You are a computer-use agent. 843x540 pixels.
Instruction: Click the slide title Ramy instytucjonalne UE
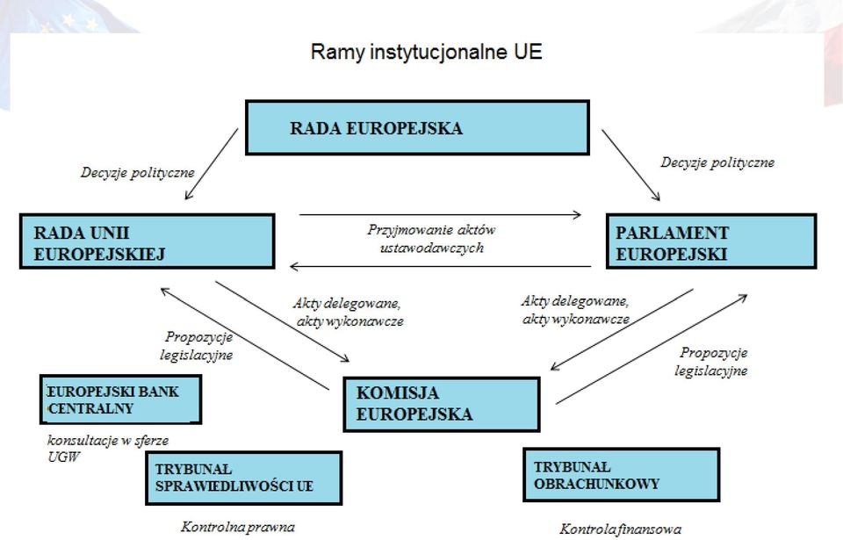pos(427,52)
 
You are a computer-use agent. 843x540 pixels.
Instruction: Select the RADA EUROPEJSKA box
pos(417,127)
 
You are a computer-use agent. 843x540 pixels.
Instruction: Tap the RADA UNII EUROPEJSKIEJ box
pos(148,241)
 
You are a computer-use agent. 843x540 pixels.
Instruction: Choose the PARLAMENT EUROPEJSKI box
pos(711,241)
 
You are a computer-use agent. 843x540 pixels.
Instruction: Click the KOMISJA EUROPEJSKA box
pos(442,404)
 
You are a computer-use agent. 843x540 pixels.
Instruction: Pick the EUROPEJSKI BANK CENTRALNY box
pos(120,400)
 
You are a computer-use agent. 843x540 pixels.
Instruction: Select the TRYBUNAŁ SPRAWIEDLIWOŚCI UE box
pos(243,478)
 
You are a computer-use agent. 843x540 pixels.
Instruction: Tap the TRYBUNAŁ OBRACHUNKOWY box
pos(622,474)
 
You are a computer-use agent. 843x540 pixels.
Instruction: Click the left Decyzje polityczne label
pos(138,173)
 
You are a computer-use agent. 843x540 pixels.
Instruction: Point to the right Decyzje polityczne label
pos(717,162)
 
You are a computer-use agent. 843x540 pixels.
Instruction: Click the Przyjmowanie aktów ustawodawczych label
pos(432,239)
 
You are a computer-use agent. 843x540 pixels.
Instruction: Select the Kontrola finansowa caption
pos(621,529)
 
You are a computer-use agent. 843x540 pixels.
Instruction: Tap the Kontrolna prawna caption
pos(238,527)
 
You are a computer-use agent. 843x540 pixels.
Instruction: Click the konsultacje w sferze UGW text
pos(108,449)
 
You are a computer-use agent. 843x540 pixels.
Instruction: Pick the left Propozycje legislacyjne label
pos(197,346)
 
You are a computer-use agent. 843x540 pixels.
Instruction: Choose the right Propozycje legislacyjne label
pos(711,362)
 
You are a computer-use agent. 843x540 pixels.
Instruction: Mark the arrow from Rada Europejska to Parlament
pos(630,165)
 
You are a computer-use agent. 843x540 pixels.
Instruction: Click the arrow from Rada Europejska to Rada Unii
pos(212,164)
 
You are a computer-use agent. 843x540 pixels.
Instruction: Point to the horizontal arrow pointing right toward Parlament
pos(440,214)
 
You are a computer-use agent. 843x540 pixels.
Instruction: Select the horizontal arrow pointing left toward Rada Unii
pos(440,266)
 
